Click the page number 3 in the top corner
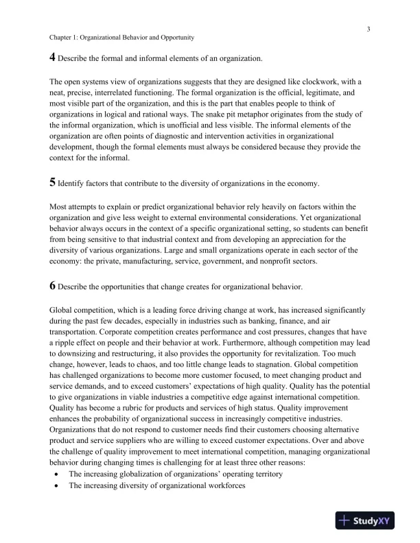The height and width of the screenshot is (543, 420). pyautogui.click(x=369, y=29)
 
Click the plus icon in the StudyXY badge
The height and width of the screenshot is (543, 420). pyautogui.click(x=345, y=520)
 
